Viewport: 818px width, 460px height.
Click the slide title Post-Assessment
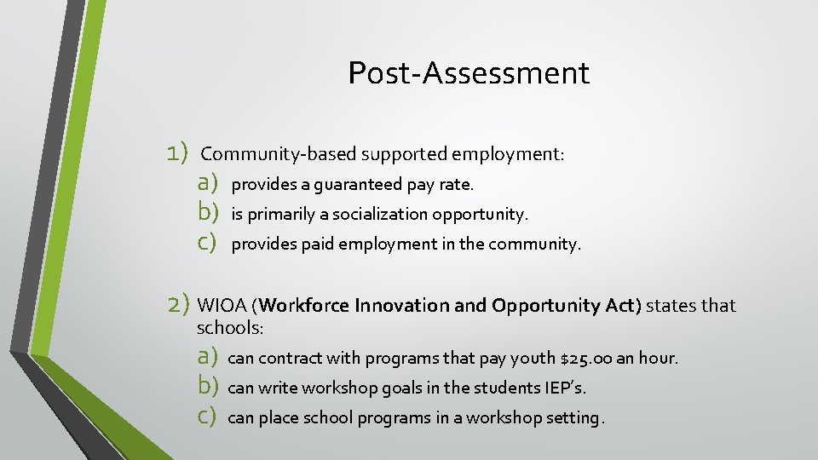tap(468, 73)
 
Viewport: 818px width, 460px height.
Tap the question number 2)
tap(178, 304)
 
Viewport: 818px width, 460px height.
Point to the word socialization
tap(380, 214)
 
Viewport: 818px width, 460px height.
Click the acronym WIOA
tap(223, 306)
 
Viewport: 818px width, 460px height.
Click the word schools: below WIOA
tap(231, 328)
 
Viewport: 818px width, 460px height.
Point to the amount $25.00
tap(585, 359)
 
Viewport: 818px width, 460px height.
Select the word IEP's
tap(565, 388)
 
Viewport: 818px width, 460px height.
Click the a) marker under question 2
tap(209, 357)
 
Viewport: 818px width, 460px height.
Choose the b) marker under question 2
tap(209, 387)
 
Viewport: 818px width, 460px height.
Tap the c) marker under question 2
tap(208, 417)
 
